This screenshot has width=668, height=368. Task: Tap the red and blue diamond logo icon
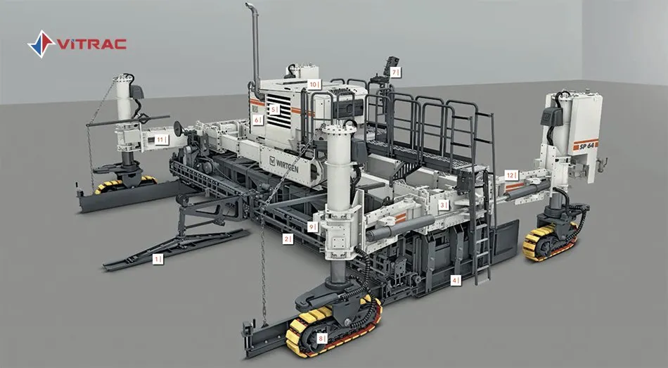(41, 44)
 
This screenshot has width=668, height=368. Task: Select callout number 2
(287, 239)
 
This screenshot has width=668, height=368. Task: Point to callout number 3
(442, 205)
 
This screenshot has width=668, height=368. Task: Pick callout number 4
(455, 280)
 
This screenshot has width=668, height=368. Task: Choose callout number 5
(274, 109)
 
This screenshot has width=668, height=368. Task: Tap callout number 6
(257, 120)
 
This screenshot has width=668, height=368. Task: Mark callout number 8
(321, 338)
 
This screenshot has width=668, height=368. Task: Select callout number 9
(311, 227)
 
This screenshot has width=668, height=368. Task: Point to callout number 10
(314, 84)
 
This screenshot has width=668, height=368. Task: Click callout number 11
(161, 140)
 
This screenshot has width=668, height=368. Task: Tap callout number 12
(510, 175)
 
